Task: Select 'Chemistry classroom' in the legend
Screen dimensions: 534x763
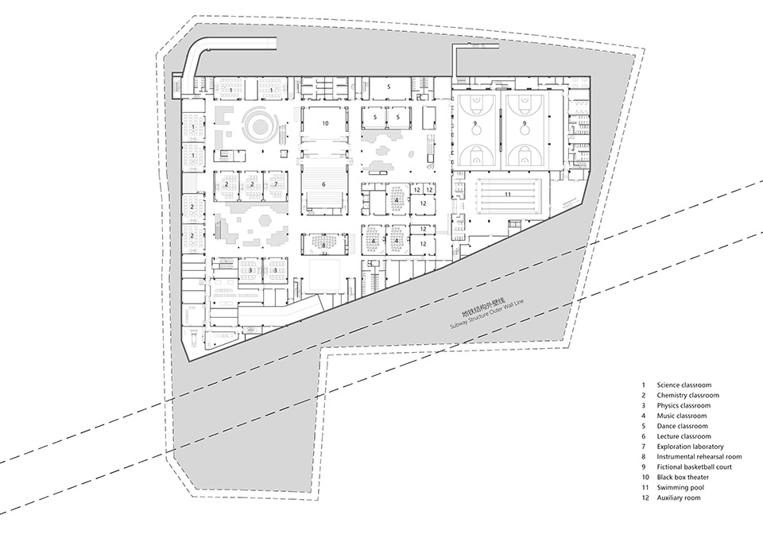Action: pyautogui.click(x=687, y=395)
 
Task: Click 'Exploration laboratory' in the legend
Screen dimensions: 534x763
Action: pyautogui.click(x=690, y=447)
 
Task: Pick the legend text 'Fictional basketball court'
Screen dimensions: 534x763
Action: pyautogui.click(x=695, y=467)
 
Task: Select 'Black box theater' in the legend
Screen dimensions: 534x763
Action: pyautogui.click(x=684, y=478)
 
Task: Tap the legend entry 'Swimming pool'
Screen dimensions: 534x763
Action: pyautogui.click(x=679, y=488)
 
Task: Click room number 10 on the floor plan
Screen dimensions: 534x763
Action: pyautogui.click(x=325, y=124)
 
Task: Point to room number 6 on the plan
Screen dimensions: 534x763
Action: pyautogui.click(x=323, y=184)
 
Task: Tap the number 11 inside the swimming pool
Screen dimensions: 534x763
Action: pyautogui.click(x=506, y=194)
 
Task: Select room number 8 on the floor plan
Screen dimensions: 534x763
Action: pyautogui.click(x=324, y=246)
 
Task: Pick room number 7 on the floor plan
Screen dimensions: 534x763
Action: pyautogui.click(x=276, y=184)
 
